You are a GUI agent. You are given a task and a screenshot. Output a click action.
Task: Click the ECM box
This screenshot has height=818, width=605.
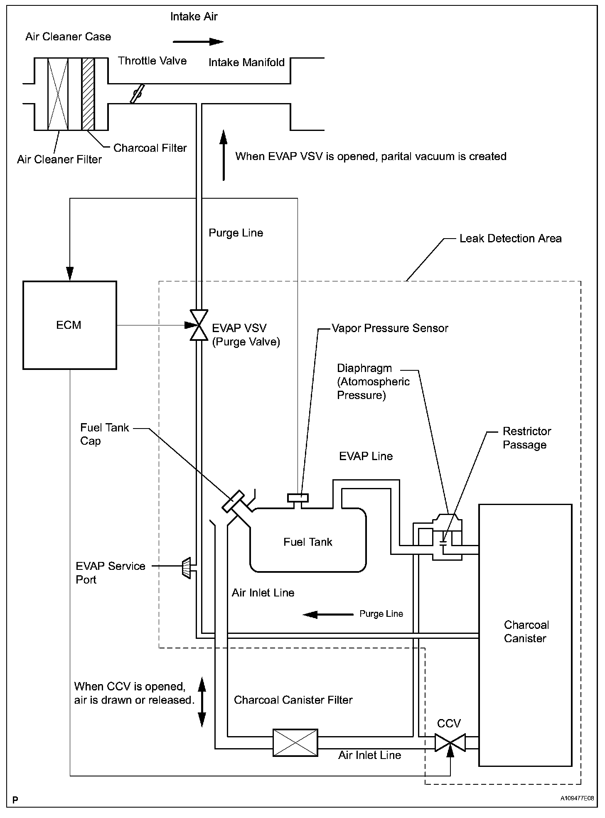[69, 325]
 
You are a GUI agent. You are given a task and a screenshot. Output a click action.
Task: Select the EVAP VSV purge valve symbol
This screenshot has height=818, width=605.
[199, 325]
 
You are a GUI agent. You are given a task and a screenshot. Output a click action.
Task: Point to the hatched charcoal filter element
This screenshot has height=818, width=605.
[88, 94]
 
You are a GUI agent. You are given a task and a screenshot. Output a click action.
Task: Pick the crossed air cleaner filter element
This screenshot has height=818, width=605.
[58, 94]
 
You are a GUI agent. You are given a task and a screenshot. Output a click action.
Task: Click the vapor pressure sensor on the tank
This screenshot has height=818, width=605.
[298, 498]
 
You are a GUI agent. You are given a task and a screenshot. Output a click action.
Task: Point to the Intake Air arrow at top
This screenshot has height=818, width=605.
[198, 42]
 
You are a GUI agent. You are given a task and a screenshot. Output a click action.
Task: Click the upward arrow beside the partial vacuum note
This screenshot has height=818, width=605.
[224, 155]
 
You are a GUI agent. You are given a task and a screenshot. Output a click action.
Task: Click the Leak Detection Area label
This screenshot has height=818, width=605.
[510, 239]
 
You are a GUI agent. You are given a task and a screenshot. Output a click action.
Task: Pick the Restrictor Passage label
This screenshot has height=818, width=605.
[526, 438]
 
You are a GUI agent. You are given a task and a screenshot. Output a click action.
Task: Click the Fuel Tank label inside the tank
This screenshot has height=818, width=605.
[308, 542]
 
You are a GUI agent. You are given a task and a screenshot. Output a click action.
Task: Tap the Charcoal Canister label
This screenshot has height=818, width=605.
[526, 632]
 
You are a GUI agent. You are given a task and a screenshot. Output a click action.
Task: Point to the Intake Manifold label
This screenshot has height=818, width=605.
[246, 63]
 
